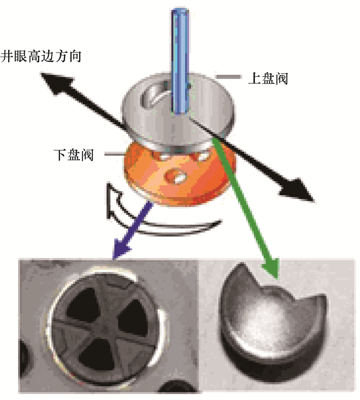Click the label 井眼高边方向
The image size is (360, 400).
click(x=41, y=54)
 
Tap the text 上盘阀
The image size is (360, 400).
click(x=267, y=79)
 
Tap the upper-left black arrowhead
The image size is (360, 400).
click(x=51, y=82)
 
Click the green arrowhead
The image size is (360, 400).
click(x=269, y=267)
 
